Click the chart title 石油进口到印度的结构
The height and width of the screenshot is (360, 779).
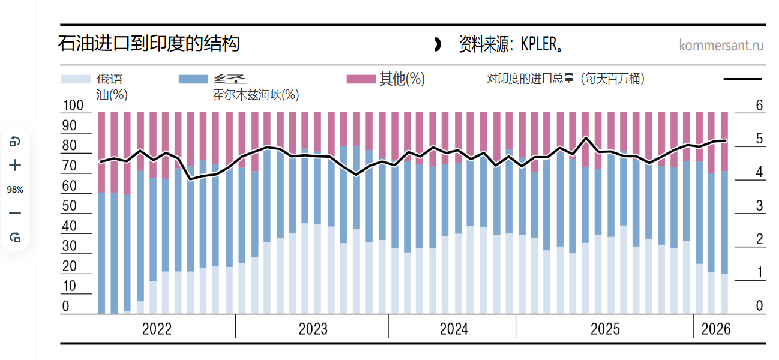coord(149,44)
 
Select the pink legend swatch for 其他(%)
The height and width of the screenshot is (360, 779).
coord(361,79)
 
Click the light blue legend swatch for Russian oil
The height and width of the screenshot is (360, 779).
coord(76,79)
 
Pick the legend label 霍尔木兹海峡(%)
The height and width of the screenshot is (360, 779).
coord(256,95)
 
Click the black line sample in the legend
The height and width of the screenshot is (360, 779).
coord(742,79)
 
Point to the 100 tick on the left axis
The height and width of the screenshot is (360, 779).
coord(73,106)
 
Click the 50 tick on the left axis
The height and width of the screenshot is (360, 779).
coord(70,206)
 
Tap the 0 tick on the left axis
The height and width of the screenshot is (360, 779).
coord(66,306)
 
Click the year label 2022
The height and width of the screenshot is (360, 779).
coord(157,329)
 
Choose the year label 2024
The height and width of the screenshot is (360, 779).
coord(454,329)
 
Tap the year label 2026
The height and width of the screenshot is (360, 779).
coord(716,329)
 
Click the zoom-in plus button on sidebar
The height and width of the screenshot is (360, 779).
coord(15,165)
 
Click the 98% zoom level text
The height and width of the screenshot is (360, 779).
coord(15,190)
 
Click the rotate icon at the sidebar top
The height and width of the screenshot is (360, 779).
coord(15,142)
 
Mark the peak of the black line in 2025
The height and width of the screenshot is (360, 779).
coord(586,137)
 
